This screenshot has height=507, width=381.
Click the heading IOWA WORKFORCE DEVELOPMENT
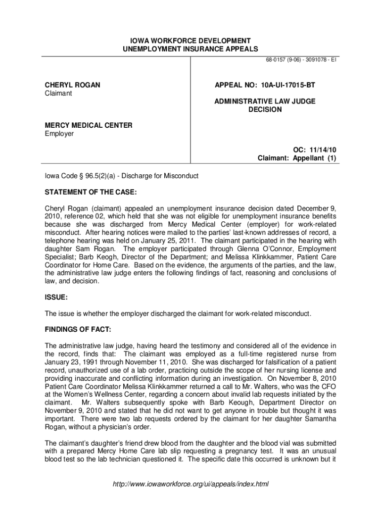click(190, 40)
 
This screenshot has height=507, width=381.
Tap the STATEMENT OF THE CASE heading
click(91, 192)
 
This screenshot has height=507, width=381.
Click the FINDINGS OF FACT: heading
click(78, 329)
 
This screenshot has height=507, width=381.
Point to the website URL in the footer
click(190, 484)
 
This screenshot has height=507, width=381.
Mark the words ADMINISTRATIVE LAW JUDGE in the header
click(265, 101)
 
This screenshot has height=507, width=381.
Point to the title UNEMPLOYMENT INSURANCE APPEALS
click(190, 49)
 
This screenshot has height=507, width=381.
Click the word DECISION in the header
click(265, 109)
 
